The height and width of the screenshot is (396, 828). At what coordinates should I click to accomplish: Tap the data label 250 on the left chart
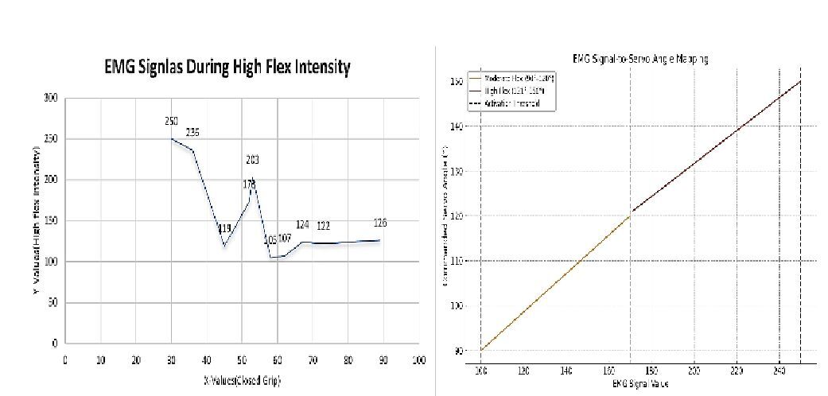tap(172, 122)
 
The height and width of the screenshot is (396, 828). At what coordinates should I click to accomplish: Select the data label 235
tap(193, 133)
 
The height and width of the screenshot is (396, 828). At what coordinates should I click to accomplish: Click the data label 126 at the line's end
tap(379, 223)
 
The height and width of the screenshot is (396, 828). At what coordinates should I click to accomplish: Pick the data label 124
tap(302, 225)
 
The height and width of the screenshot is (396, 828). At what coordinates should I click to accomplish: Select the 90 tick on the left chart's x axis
tap(383, 359)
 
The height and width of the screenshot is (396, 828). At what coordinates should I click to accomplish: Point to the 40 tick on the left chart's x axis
tap(206, 359)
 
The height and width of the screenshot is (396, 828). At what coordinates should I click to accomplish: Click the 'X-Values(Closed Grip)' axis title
tap(242, 380)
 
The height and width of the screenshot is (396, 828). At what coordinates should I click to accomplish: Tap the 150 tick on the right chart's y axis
tap(457, 81)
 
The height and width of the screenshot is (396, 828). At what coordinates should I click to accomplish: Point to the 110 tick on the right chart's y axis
tap(457, 261)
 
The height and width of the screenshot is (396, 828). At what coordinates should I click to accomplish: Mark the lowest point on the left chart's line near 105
tap(270, 257)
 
